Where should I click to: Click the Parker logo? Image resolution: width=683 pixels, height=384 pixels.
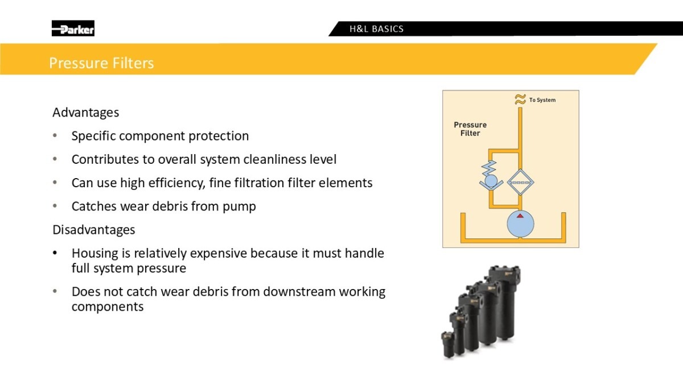pyautogui.click(x=73, y=28)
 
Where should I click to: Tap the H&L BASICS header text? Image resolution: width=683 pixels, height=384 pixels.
pyautogui.click(x=376, y=29)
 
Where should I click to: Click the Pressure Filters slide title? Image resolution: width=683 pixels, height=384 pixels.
pyautogui.click(x=101, y=63)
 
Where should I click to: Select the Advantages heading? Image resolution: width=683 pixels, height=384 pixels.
pyautogui.click(x=86, y=113)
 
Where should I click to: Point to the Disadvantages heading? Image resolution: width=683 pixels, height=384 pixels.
pyautogui.click(x=93, y=230)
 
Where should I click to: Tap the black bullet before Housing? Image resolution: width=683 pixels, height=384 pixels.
pyautogui.click(x=55, y=253)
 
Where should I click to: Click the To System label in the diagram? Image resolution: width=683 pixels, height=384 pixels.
pyautogui.click(x=542, y=100)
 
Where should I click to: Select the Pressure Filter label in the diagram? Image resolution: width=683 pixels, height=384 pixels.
pyautogui.click(x=470, y=129)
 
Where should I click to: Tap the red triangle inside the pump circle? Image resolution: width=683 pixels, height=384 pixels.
pyautogui.click(x=520, y=216)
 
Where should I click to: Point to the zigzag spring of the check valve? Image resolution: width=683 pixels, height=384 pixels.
pyautogui.click(x=489, y=168)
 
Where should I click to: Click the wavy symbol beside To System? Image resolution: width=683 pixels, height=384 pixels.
pyautogui.click(x=520, y=100)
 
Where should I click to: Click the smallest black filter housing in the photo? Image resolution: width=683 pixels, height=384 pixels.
pyautogui.click(x=449, y=344)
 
